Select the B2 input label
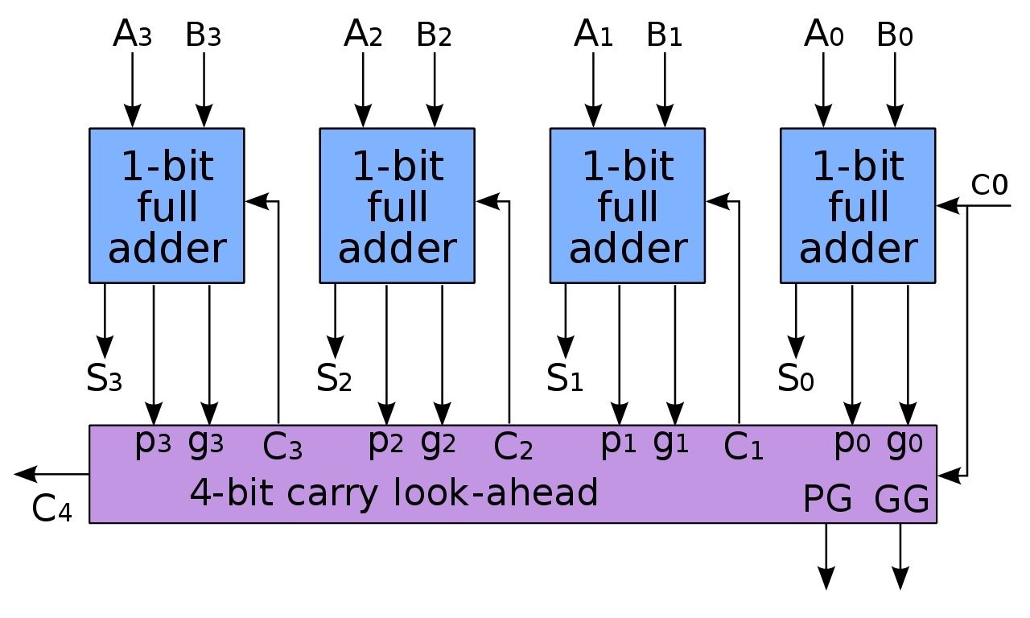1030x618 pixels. pos(435,35)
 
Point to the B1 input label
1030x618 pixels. pos(665,35)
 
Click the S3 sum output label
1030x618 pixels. pos(104,376)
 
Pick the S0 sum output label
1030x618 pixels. pos(796,376)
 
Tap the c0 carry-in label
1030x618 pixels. pos(989,185)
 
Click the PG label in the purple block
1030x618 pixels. pos(828,501)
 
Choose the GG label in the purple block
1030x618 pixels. pos(901,501)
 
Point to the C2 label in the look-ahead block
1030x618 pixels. pos(513,447)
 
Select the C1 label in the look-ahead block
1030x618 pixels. pos(743,447)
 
